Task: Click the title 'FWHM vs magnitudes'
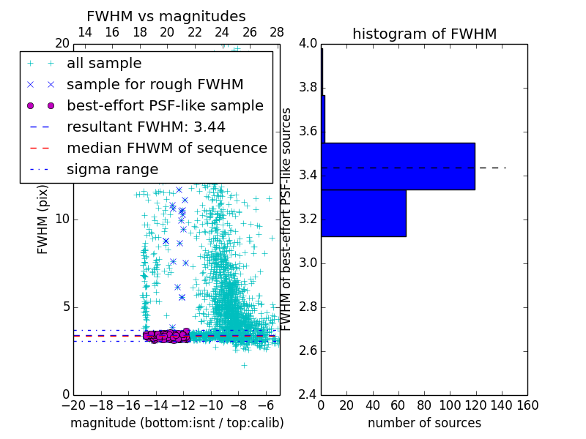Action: click(x=166, y=16)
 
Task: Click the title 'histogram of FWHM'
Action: click(x=424, y=34)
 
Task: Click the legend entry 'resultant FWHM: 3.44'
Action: click(x=146, y=127)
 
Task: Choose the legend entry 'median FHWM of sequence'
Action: click(x=167, y=148)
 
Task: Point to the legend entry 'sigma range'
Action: click(x=112, y=169)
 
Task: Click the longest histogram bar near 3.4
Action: click(x=398, y=166)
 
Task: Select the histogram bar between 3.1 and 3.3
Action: click(x=363, y=213)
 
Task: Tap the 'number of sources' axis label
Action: click(x=424, y=423)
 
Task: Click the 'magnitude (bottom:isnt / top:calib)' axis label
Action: click(x=177, y=423)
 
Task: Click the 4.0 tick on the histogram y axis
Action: click(x=308, y=44)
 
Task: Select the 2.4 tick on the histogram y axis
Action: click(x=308, y=394)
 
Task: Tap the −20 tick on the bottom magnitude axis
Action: click(x=73, y=405)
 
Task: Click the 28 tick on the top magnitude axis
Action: click(x=277, y=32)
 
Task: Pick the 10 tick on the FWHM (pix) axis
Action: click(x=62, y=219)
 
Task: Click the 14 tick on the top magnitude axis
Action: click(x=84, y=32)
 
